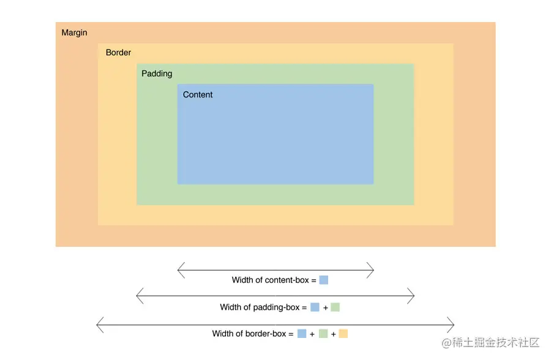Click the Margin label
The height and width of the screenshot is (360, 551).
click(x=74, y=32)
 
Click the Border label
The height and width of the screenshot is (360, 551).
click(x=118, y=53)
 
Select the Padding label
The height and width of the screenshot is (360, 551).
click(x=157, y=73)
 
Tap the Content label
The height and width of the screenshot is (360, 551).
click(x=198, y=95)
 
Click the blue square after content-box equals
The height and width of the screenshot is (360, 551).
click(x=324, y=280)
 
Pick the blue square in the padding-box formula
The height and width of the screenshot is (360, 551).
click(x=315, y=307)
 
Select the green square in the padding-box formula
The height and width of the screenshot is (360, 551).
click(x=335, y=307)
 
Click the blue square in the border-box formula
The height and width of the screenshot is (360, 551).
click(x=302, y=334)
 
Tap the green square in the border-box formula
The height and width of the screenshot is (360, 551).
click(x=323, y=334)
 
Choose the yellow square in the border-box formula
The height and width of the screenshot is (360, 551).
click(x=343, y=334)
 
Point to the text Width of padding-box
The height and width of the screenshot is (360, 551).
click(x=260, y=307)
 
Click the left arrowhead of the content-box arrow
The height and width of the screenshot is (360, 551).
click(x=179, y=269)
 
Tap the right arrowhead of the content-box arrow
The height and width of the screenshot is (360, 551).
click(x=372, y=269)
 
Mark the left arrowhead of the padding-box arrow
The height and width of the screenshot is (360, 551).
click(x=138, y=296)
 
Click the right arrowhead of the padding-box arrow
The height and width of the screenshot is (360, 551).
click(x=413, y=296)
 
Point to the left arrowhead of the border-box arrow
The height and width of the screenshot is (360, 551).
click(x=99, y=323)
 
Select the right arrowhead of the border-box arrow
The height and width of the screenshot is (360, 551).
click(x=452, y=323)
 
